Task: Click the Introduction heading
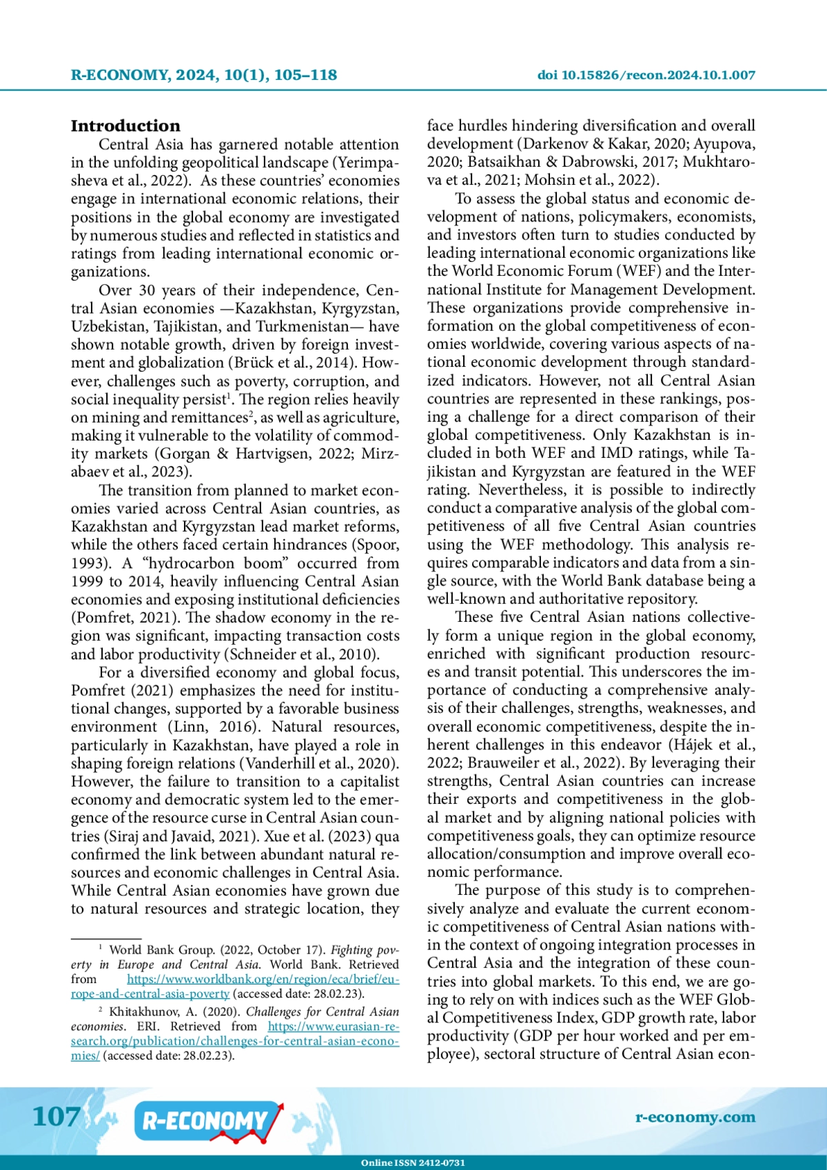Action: click(125, 126)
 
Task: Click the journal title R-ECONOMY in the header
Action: click(119, 75)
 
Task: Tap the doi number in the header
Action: click(658, 75)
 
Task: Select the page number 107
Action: click(57, 1117)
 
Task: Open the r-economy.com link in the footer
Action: click(695, 1117)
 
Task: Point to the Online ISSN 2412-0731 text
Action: click(413, 1162)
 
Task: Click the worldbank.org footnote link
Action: click(263, 979)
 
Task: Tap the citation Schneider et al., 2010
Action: click(303, 654)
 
